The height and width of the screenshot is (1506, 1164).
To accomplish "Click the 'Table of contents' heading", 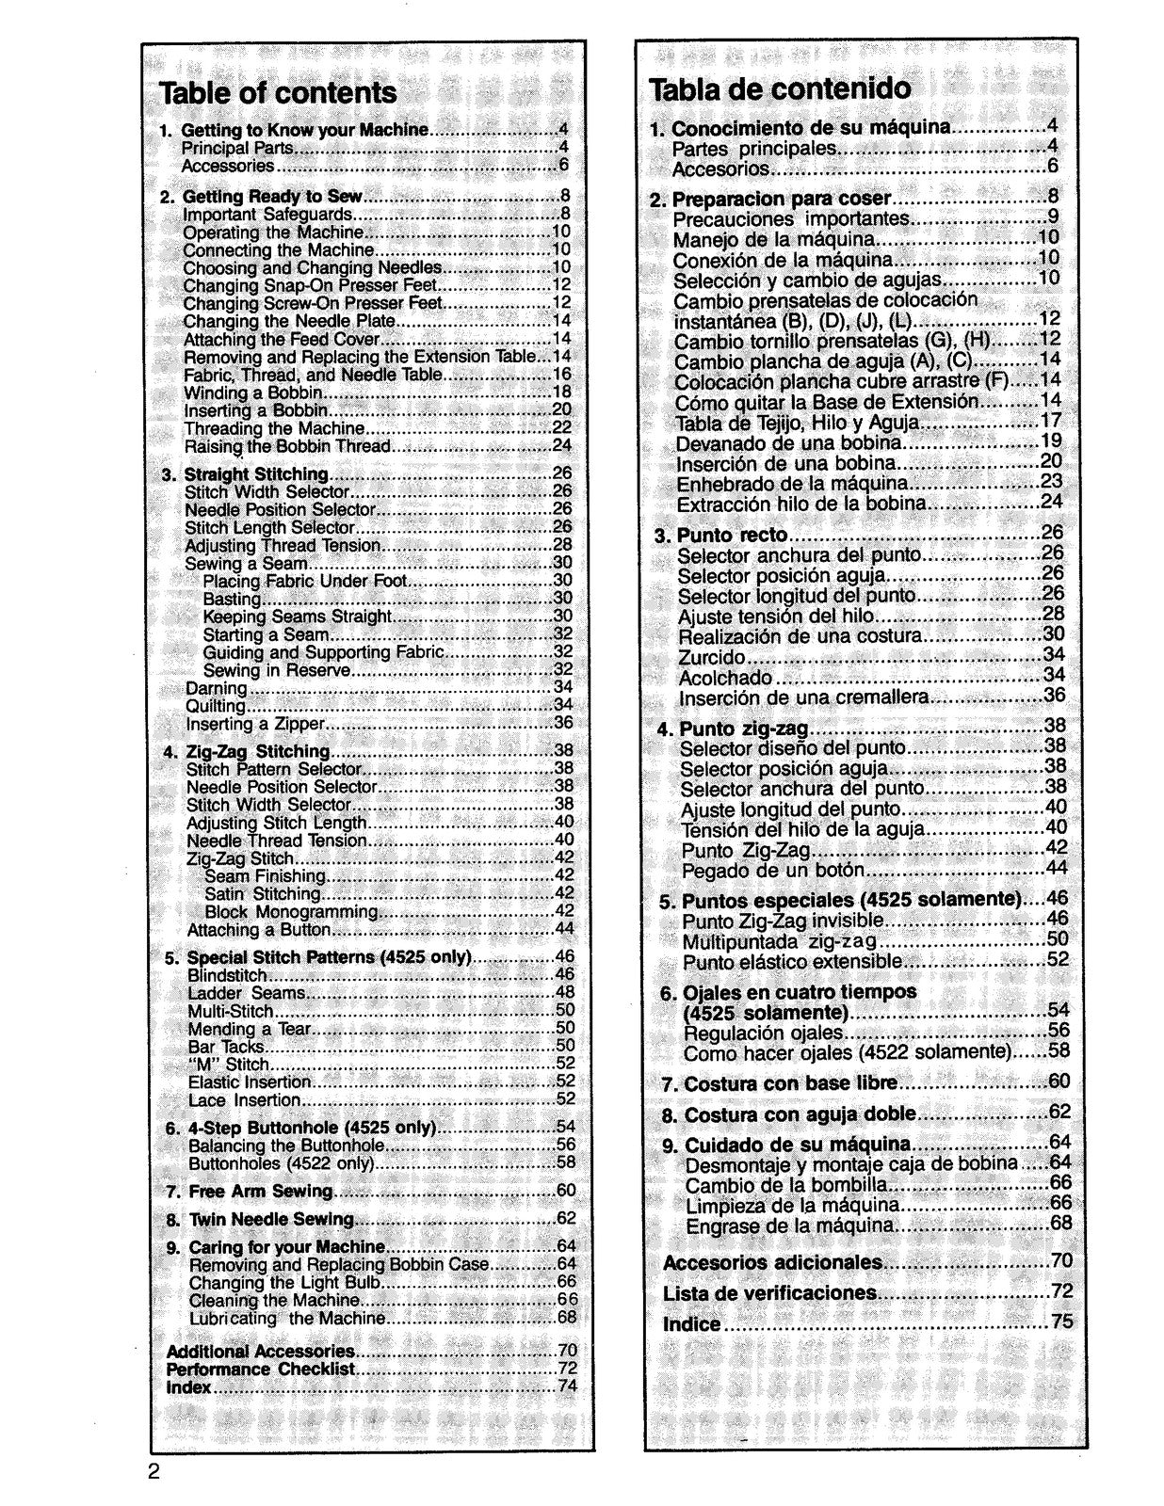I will (x=278, y=93).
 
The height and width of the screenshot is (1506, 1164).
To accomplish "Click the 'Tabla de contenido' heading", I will (x=780, y=88).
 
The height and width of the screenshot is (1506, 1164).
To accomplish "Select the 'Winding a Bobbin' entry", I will (x=253, y=393).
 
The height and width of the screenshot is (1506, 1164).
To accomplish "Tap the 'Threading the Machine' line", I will (x=274, y=428).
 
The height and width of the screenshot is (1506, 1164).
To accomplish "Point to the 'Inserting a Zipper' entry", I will (x=255, y=724).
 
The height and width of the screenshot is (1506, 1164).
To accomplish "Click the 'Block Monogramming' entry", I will (x=292, y=912).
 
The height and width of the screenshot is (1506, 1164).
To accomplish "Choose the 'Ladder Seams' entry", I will (x=247, y=993).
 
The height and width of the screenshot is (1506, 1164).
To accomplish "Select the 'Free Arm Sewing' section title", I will (x=261, y=1192).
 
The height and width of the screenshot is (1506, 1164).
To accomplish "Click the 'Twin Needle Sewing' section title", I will (x=271, y=1220).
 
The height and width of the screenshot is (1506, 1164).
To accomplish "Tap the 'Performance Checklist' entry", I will (x=261, y=1369).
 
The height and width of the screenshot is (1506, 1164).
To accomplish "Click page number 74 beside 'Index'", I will (x=567, y=1386).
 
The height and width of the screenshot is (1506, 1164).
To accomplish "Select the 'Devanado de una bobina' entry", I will (x=789, y=442).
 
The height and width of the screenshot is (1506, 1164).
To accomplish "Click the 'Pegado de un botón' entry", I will (x=768, y=870).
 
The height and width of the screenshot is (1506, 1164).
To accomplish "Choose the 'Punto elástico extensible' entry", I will (x=792, y=962).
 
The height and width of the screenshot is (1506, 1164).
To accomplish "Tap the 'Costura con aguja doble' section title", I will (x=800, y=1114).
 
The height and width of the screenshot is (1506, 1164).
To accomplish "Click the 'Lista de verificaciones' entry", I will (x=770, y=1293).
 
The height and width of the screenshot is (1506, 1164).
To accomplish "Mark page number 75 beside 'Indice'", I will (x=1061, y=1322).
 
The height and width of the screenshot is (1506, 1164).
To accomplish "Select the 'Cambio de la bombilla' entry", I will (x=785, y=1184).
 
